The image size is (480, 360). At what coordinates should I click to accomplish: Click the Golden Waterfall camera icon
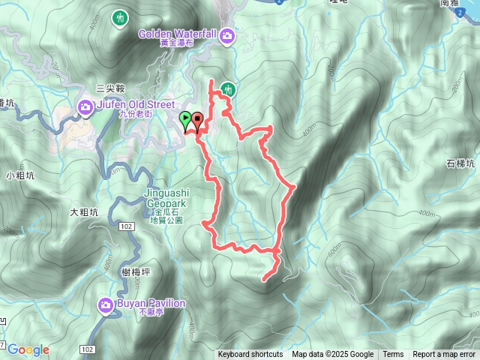pos(226,34)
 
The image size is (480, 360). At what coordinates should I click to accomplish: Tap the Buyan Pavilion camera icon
pos(106,305)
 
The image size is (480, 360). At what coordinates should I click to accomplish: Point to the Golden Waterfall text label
pos(178,34)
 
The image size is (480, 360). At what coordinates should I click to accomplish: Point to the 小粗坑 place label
pos(19,176)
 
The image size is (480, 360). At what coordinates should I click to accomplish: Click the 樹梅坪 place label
pos(135,272)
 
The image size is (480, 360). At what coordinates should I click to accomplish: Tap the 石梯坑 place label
pos(460,163)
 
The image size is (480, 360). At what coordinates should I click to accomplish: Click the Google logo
pos(28,349)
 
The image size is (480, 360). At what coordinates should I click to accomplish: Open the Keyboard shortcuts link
pos(250,355)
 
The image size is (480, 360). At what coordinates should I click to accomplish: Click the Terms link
pos(393,355)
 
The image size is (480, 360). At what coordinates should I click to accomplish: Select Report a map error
pos(445,355)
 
